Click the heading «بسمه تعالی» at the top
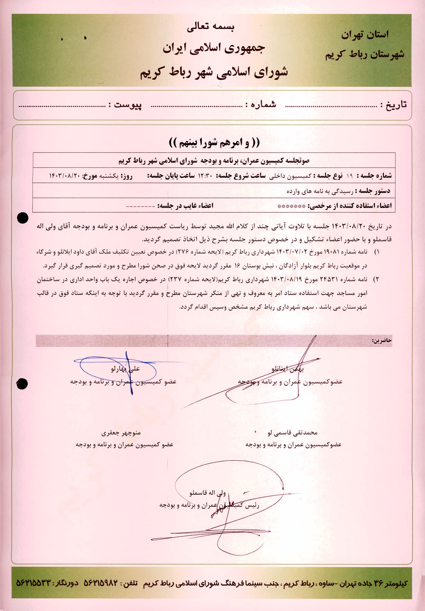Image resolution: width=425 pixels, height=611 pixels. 210,28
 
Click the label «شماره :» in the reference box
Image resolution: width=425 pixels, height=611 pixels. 261,105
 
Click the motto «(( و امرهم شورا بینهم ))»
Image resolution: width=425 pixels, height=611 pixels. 214,143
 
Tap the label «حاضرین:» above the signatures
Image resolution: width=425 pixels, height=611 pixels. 382,341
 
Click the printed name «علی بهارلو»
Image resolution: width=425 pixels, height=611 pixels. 125,369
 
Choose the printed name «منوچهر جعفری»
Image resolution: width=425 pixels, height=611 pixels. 121,433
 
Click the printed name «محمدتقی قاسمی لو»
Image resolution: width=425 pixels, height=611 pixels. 293,433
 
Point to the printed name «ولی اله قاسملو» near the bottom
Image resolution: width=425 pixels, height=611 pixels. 207,493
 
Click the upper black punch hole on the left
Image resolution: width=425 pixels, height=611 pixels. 23,218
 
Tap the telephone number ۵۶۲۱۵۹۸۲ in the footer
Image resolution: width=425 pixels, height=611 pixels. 100,583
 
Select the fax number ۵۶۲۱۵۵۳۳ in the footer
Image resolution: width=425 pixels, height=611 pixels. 34,583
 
